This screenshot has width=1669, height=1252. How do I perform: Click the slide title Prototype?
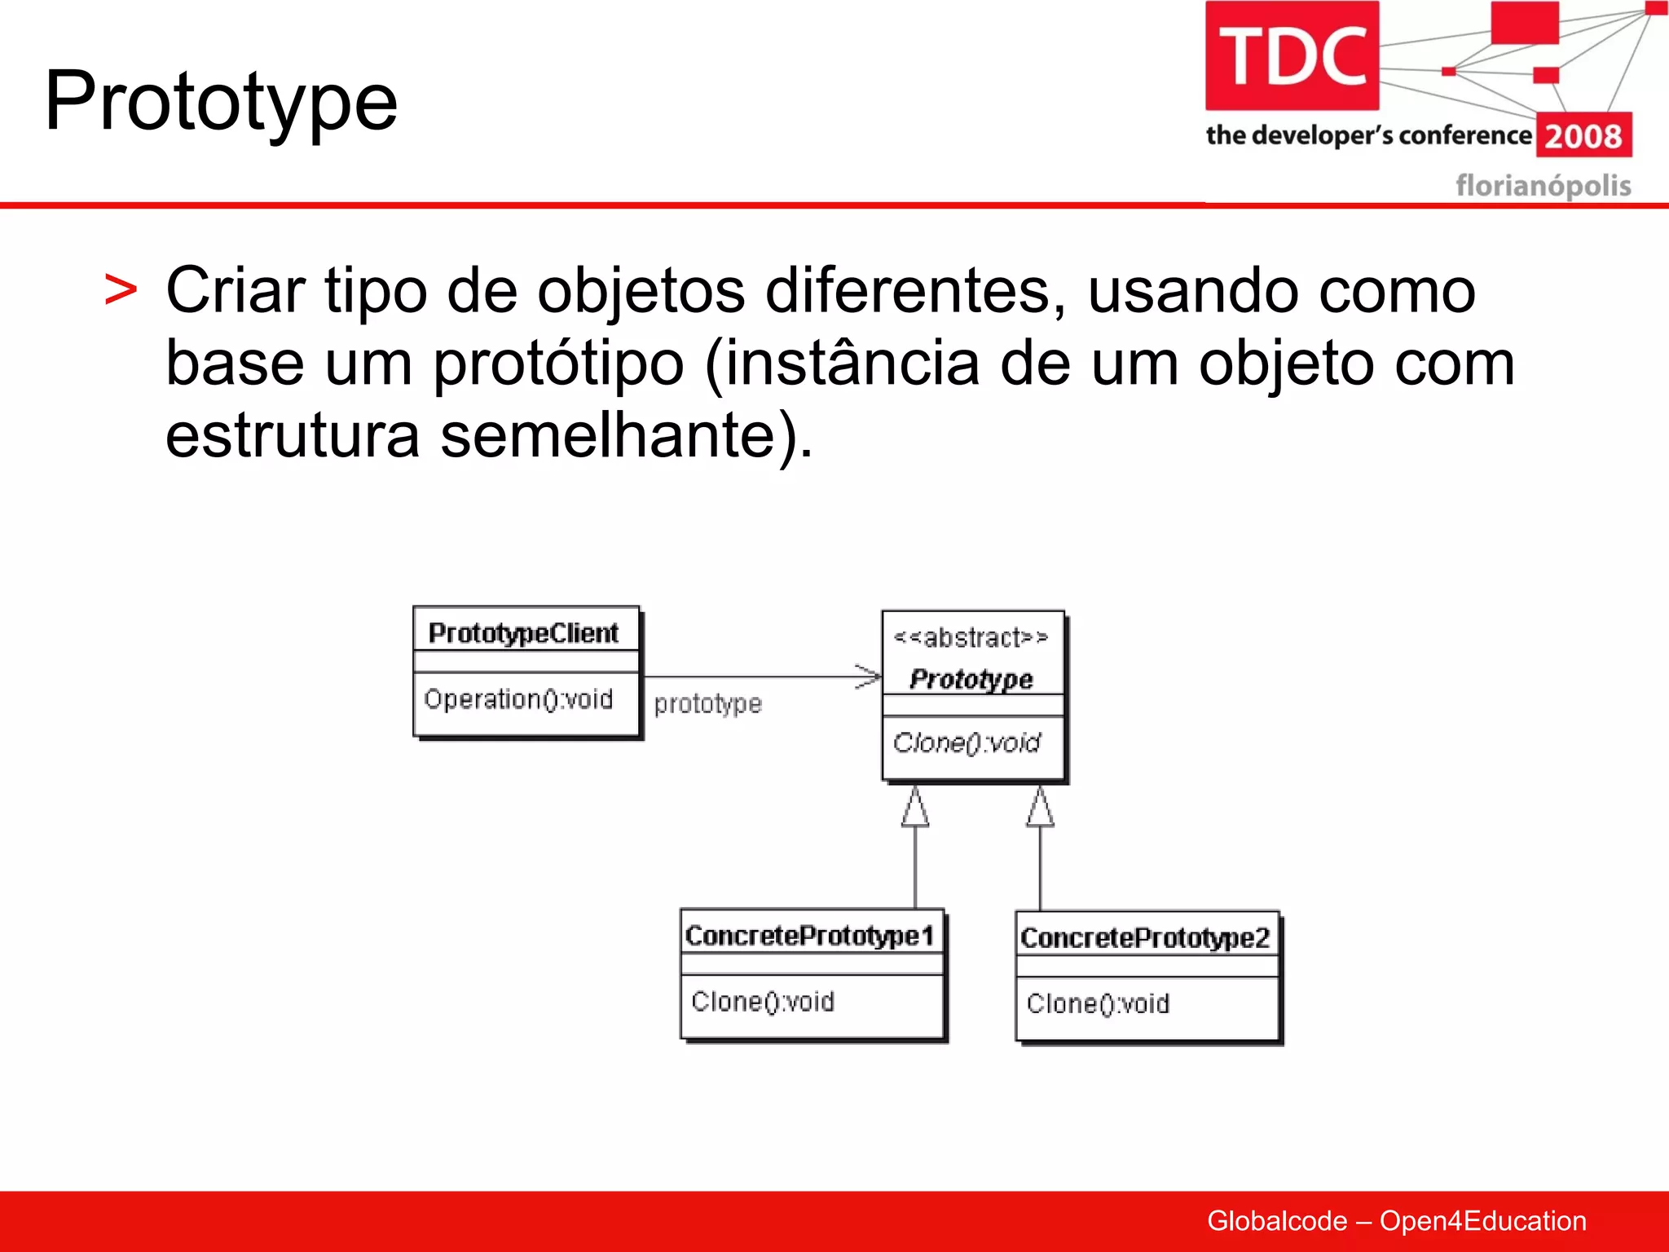[x=221, y=101]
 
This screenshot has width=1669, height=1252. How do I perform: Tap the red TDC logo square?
[x=1292, y=55]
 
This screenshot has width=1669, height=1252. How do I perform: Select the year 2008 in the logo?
[x=1583, y=136]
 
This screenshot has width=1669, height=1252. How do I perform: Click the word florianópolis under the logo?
[x=1543, y=186]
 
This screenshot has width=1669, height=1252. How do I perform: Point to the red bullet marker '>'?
[x=121, y=291]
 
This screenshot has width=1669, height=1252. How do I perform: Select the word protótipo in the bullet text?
[x=558, y=363]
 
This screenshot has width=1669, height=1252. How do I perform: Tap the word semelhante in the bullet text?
[x=608, y=434]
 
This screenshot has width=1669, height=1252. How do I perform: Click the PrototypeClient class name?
[x=523, y=633]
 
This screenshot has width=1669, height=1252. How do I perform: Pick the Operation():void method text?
[x=518, y=699]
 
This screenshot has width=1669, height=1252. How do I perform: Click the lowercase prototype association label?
[x=707, y=703]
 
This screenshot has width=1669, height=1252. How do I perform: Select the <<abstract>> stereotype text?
[x=971, y=637]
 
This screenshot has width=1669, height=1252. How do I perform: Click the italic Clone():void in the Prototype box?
[x=967, y=743]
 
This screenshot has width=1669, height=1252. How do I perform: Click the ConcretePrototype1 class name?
[x=809, y=936]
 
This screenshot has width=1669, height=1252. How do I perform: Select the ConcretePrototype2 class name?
[x=1145, y=938]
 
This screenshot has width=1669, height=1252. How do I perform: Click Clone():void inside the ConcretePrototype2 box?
[x=1098, y=1004]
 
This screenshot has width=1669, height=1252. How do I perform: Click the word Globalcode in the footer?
[x=1277, y=1221]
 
